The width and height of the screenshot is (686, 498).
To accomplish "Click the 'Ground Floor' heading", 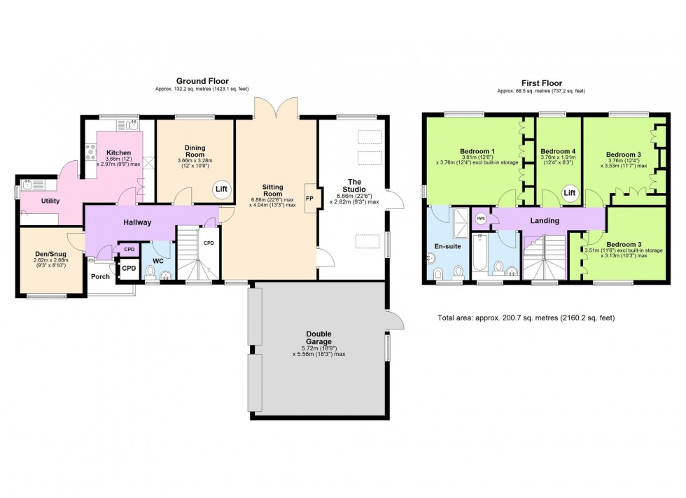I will click(x=202, y=81).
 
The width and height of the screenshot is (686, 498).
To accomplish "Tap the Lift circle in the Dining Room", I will click(x=221, y=190).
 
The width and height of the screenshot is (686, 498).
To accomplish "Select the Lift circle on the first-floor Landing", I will click(x=570, y=193).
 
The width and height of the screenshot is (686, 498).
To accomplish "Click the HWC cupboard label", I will click(x=480, y=218).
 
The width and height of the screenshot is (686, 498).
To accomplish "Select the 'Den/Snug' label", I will click(x=50, y=254).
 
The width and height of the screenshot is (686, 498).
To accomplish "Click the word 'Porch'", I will click(x=100, y=276).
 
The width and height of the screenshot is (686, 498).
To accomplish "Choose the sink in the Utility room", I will click(x=28, y=186).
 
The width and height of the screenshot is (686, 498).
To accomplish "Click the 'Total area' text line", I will click(x=526, y=318).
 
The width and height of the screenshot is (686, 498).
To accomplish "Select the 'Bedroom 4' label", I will click(x=558, y=151).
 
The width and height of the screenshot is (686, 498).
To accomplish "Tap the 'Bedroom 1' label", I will click(x=477, y=152).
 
